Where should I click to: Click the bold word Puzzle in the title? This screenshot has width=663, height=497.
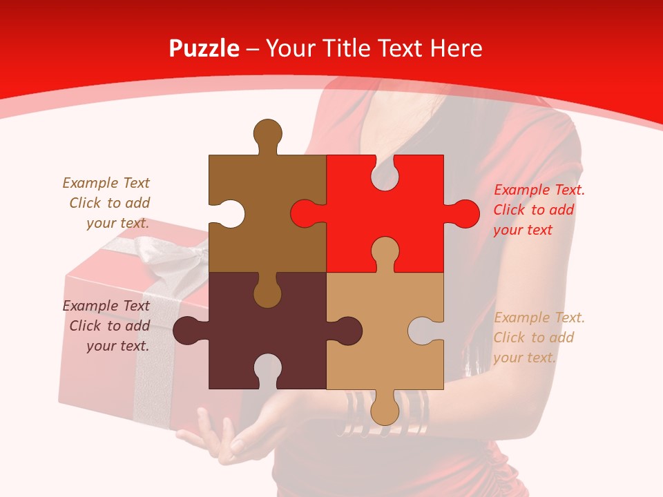click(204, 48)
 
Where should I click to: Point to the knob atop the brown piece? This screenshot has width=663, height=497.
click(268, 133)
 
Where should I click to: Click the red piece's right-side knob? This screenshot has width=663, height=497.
click(465, 213)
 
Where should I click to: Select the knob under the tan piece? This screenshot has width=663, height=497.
click(385, 410)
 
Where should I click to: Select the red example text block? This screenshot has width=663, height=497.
click(539, 210)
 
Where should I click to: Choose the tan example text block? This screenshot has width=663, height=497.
click(539, 338)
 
